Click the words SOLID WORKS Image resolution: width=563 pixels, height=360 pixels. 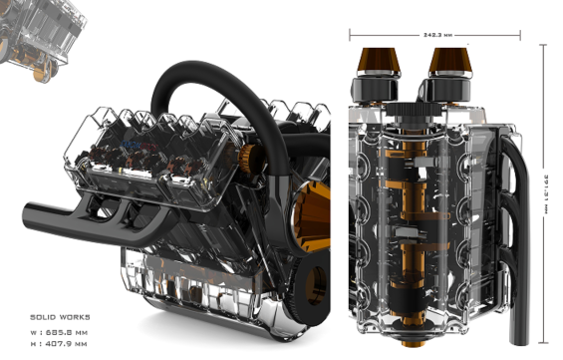pyautogui.click(x=58, y=315)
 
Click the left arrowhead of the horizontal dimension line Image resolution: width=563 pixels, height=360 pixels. pyautogui.click(x=352, y=33)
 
